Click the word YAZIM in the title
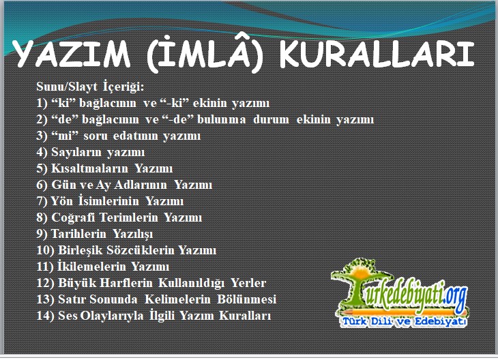[72, 53]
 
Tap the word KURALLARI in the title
[377, 53]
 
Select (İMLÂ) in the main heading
[205, 52]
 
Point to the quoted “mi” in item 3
[65, 135]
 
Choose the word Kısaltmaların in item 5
[89, 168]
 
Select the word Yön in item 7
[61, 201]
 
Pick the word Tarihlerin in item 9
[78, 234]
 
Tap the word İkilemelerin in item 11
[91, 267]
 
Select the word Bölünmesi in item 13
[246, 299]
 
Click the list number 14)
[46, 316]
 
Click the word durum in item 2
[271, 119]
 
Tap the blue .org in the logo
[455, 296]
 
